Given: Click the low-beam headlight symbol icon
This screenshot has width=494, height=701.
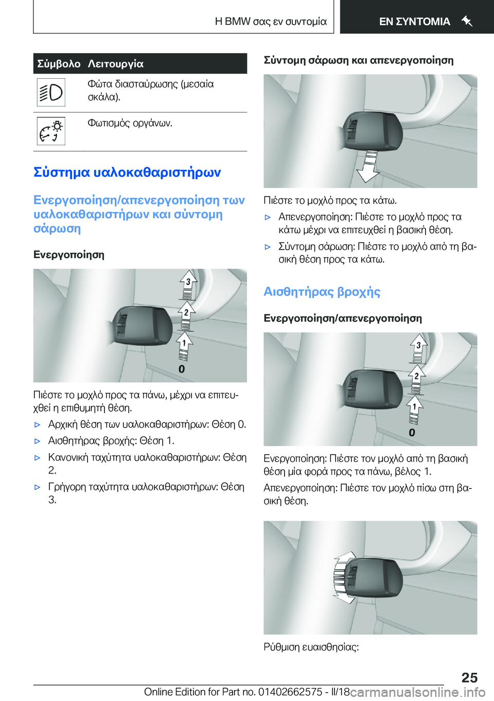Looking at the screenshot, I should coord(51,93).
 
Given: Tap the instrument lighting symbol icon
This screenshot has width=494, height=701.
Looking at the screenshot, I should coord(51,131).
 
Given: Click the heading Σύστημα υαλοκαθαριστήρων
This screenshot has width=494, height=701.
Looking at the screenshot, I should coord(127,172).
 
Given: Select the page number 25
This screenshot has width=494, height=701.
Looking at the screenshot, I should coord(469,677).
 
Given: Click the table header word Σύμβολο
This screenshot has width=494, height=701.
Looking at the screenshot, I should coord(59,64).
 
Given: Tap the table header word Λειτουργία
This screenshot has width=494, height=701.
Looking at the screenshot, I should coord(116,64).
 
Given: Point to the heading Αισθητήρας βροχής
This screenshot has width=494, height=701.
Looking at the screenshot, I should coord(322,292).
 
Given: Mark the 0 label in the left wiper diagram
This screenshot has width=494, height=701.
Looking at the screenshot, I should coord(182,369).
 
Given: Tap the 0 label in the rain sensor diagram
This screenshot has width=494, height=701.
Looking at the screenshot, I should coord(412,433).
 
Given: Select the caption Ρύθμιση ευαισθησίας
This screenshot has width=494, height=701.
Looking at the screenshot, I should coord(311,647).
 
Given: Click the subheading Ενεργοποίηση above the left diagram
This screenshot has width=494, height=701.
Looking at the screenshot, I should coord(69,255).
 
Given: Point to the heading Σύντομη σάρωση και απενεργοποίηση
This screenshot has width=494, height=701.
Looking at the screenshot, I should coord(359,60).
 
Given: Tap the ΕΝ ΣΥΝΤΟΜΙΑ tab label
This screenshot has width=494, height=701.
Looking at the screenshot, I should coord(414,22).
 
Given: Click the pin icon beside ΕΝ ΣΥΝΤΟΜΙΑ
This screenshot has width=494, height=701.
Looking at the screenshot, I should coord(467,21).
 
